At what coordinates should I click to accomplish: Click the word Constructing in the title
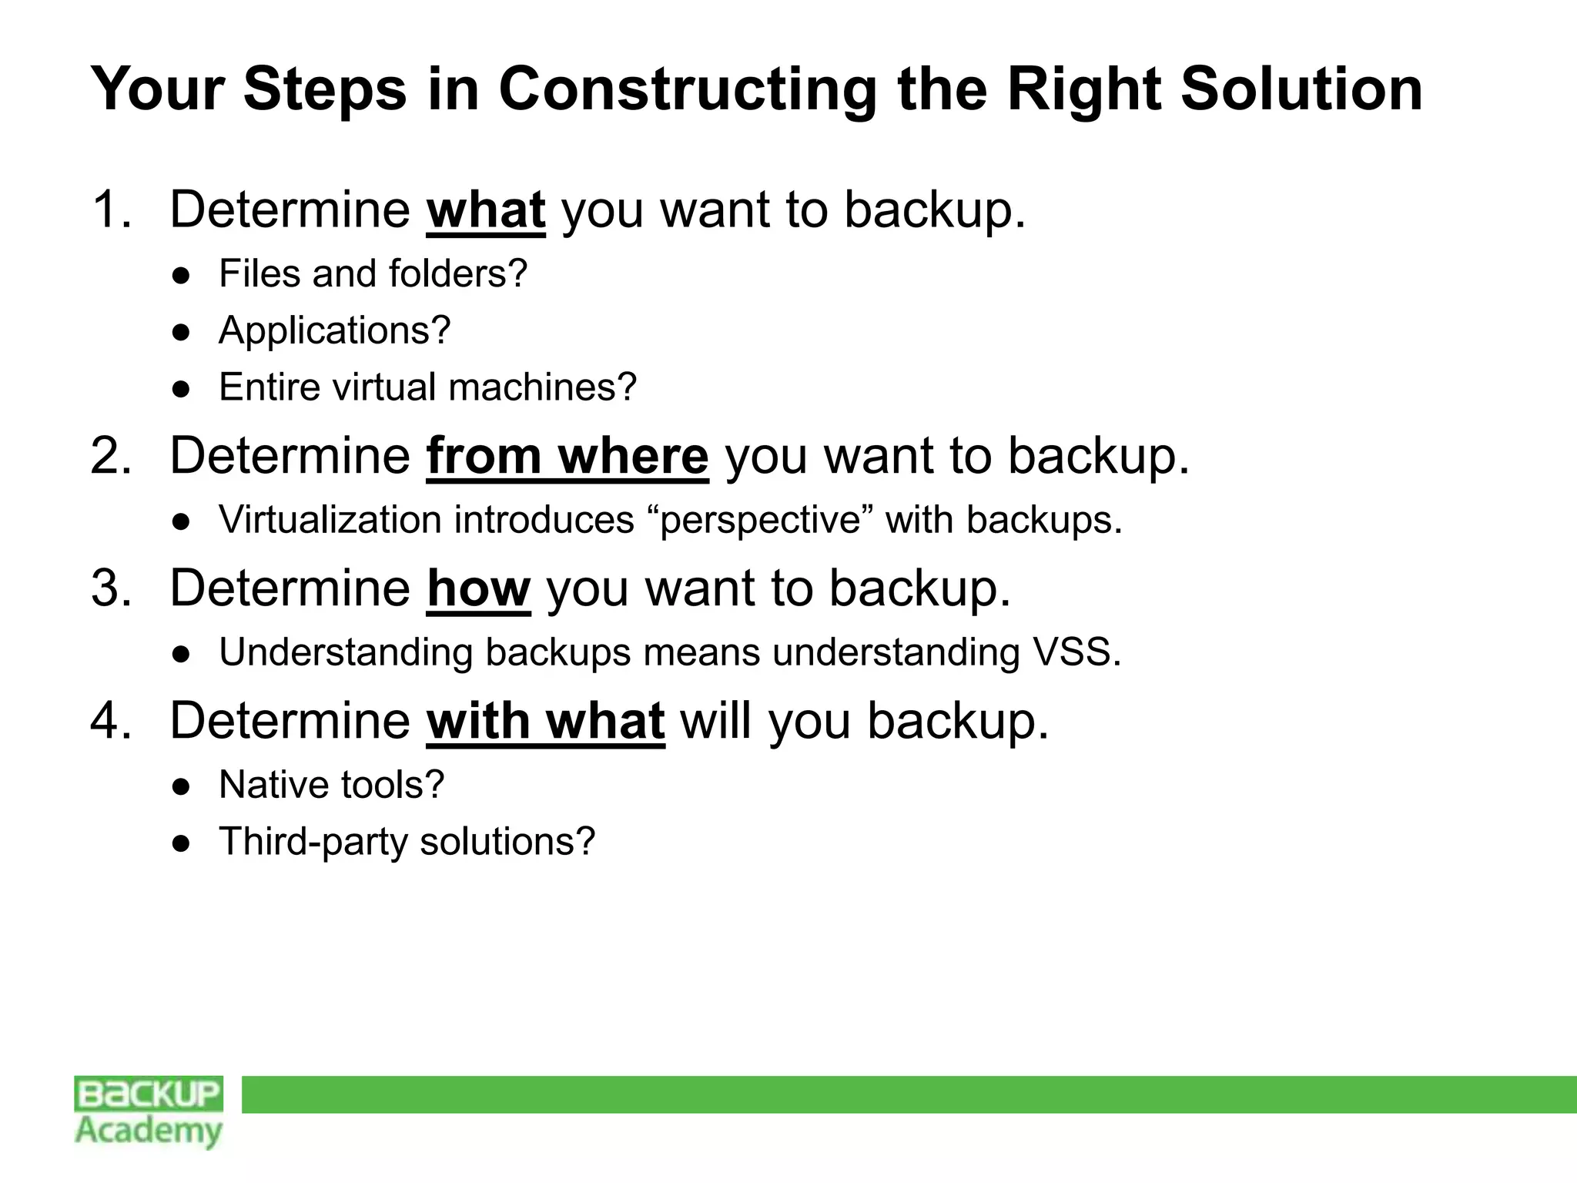coord(688,89)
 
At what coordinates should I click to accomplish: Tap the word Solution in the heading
coord(1301,89)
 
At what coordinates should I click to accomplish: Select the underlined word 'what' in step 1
coord(486,209)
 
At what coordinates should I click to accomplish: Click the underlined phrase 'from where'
coord(567,456)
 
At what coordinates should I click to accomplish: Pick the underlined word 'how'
coord(478,588)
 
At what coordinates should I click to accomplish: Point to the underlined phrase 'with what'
coord(545,721)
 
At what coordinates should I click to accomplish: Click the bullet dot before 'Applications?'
coord(182,332)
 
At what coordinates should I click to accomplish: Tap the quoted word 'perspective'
coord(760,520)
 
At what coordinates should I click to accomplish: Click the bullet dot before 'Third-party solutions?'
coord(182,843)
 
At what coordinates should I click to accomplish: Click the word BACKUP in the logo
coord(149,1094)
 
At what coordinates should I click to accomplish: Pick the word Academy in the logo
coord(149,1131)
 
